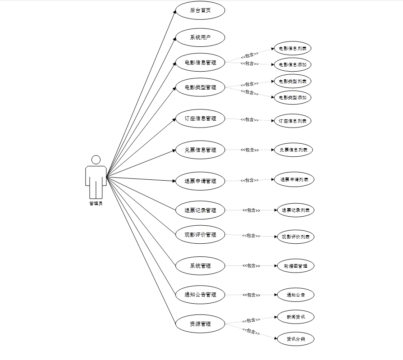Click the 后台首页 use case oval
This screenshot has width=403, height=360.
[x=200, y=11]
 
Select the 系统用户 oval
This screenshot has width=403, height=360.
[x=200, y=37]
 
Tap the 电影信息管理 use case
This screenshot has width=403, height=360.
[x=200, y=62]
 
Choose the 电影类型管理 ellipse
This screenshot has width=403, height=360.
[x=200, y=87]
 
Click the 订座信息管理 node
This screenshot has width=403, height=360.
[x=200, y=118]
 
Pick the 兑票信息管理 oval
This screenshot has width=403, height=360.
[x=200, y=150]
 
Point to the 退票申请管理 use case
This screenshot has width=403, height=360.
[x=200, y=181]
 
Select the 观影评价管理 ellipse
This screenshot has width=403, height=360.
[x=200, y=234]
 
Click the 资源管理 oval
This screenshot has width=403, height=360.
[x=200, y=324]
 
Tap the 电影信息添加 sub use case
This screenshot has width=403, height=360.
[x=293, y=64]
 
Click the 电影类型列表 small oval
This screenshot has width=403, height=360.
[x=293, y=82]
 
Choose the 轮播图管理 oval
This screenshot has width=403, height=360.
[x=295, y=266]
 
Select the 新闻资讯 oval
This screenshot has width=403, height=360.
[x=295, y=317]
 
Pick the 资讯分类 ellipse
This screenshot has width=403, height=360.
[x=295, y=339]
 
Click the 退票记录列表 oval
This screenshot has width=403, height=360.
[x=295, y=210]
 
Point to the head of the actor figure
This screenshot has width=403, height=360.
[x=96, y=160]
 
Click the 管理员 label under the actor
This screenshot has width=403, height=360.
[x=96, y=204]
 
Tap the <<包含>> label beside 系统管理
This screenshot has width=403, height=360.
[x=251, y=266]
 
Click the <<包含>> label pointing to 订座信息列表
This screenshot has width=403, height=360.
[x=249, y=120]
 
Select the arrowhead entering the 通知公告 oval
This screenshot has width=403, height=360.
[x=275, y=295]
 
